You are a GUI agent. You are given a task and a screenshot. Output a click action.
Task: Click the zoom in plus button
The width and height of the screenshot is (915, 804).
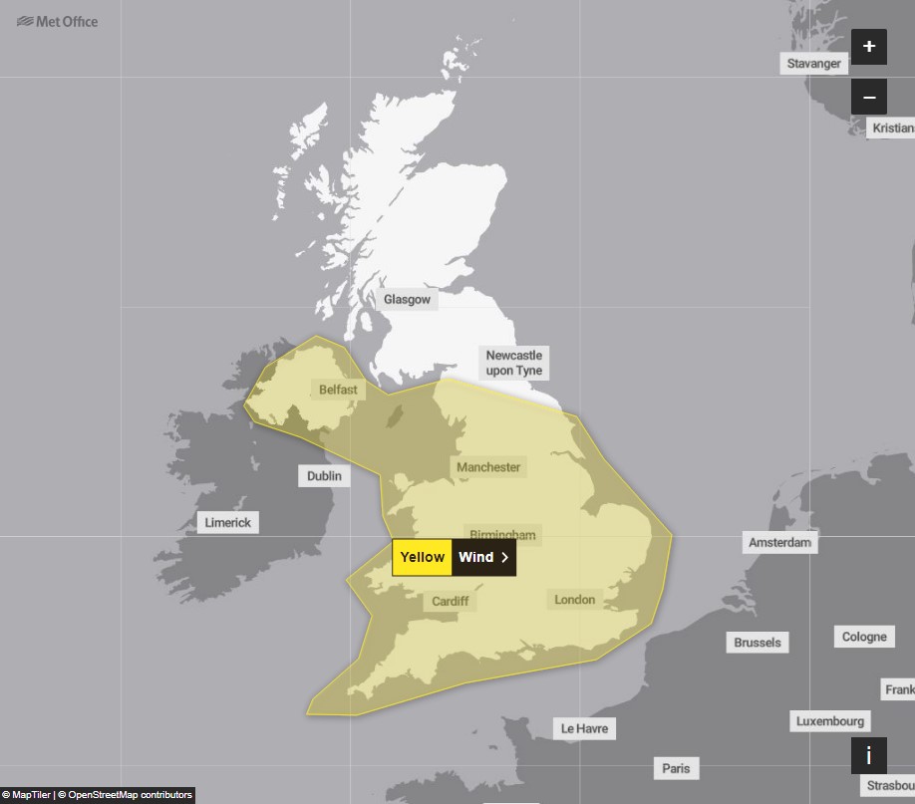click(x=868, y=47)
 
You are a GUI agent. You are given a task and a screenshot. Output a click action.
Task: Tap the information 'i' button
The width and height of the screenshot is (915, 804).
click(x=868, y=756)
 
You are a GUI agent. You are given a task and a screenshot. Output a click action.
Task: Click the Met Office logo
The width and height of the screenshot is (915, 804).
click(x=58, y=21)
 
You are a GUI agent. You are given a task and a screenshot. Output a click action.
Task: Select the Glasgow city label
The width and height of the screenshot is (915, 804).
click(x=407, y=299)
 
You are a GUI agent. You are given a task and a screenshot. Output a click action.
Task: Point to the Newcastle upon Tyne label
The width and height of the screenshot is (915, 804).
click(x=514, y=363)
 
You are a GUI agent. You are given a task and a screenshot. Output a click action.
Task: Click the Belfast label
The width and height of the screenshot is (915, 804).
click(x=338, y=390)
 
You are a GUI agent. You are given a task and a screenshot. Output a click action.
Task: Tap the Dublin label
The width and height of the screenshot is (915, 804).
click(x=324, y=476)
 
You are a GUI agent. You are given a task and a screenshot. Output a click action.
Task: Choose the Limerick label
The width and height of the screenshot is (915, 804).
click(x=228, y=522)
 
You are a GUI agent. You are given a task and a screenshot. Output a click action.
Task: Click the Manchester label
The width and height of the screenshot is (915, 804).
click(x=488, y=466)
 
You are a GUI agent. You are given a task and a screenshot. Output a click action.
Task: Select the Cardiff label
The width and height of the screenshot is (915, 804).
click(x=451, y=601)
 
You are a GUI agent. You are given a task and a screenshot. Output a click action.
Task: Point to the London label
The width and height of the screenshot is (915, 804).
click(x=574, y=599)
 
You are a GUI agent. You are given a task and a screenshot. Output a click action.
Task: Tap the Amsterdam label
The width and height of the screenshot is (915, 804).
click(x=780, y=542)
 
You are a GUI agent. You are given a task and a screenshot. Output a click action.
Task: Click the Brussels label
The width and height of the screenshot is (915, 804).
click(x=758, y=642)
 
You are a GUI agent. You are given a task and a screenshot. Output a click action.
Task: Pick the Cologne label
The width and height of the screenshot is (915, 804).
click(x=863, y=637)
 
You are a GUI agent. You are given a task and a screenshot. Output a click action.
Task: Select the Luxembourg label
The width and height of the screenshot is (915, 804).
click(x=830, y=720)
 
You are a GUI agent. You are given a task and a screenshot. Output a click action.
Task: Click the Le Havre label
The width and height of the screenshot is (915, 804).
click(x=584, y=728)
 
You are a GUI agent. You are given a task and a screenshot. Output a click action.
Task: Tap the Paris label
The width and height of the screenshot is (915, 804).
click(x=676, y=768)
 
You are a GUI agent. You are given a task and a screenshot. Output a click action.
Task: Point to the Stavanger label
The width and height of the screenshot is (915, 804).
click(x=813, y=64)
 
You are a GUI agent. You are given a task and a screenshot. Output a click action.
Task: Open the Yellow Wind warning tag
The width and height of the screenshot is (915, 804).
click(x=454, y=557)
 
